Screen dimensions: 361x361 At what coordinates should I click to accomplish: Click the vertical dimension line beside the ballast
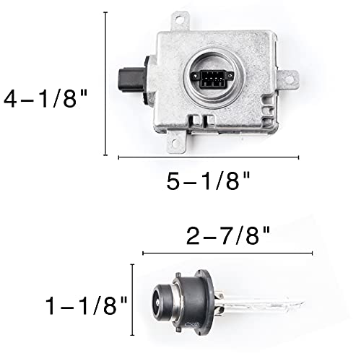pos(106,83)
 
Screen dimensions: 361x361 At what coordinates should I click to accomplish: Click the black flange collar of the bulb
pos(205,298)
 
